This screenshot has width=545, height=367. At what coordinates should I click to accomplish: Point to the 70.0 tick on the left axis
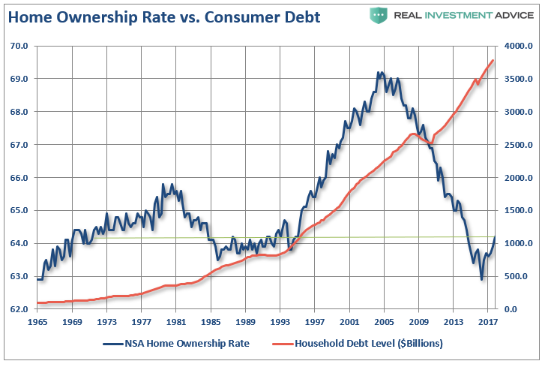click(19, 46)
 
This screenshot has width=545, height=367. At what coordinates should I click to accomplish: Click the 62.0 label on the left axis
click(19, 309)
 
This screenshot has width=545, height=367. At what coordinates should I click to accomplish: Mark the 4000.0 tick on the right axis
click(518, 46)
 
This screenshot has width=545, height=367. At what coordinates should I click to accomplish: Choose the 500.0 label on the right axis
click(518, 276)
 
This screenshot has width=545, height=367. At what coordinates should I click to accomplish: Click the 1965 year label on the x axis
click(37, 322)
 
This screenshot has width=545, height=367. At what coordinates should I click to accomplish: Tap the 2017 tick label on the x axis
click(488, 322)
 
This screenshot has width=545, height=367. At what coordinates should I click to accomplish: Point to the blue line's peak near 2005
click(380, 73)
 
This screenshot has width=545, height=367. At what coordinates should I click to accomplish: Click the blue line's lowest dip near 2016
click(481, 279)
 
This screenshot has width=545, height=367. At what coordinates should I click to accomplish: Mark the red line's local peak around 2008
click(413, 134)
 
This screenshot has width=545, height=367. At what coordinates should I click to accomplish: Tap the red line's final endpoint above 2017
click(493, 60)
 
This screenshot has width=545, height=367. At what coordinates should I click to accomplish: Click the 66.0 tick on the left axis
click(19, 178)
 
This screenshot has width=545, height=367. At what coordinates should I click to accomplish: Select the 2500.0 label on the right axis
click(518, 145)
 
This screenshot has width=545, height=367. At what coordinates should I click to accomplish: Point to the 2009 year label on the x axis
click(418, 322)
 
